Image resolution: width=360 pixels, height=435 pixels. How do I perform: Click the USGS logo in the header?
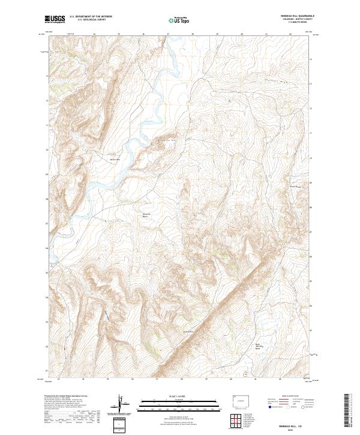[x=55, y=19]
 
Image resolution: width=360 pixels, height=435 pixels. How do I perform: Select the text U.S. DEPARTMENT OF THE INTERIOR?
[x=91, y=17]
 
